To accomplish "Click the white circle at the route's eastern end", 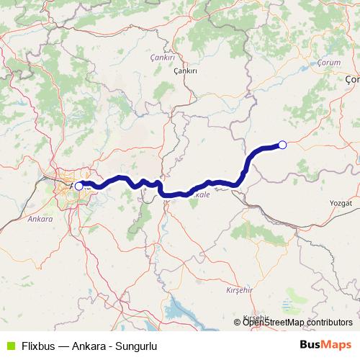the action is [282, 145].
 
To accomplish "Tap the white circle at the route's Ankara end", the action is [78, 186].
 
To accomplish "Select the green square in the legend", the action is [10, 345].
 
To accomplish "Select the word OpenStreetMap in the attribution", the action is [273, 322].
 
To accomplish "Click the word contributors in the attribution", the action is [328, 322].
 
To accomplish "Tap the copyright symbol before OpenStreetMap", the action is [238, 322].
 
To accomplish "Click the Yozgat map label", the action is [338, 204].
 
